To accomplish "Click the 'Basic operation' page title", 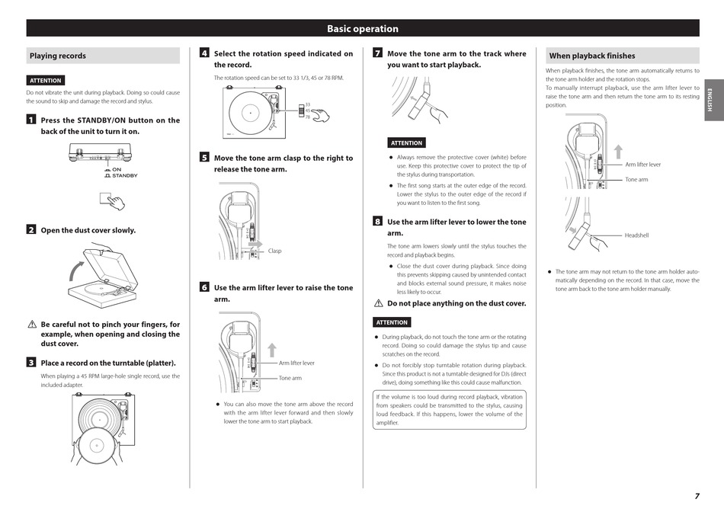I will pos(363,29).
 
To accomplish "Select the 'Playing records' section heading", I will pos(58,56).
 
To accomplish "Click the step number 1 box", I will pos(30,120).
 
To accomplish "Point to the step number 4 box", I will pos(204,53).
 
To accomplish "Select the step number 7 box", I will pos(377,53).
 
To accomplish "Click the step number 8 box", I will pos(377,222).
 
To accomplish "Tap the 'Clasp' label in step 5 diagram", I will pos(274,251).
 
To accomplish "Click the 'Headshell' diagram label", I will pos(636,235).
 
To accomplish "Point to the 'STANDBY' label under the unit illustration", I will pos(125,176).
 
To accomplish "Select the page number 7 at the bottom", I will pos(697,495).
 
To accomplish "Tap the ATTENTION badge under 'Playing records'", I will pos(46,80).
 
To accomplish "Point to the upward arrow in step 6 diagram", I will pos(272,350).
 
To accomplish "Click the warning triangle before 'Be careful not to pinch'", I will pos(31,325).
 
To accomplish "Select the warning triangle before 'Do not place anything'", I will pos(378,303).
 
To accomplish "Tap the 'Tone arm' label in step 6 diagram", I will pos(290,378).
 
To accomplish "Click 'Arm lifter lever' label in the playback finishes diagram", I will pos(643,165).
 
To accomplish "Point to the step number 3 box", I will pos(30,363).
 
